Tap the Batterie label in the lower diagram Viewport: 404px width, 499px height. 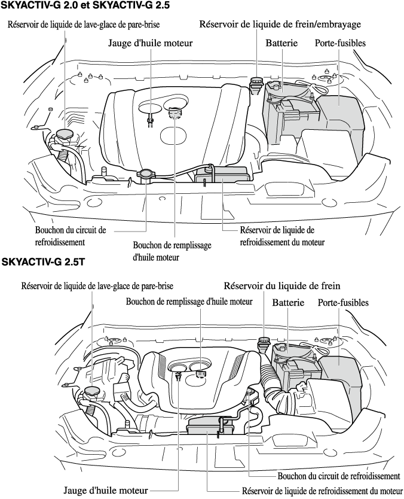(289, 303)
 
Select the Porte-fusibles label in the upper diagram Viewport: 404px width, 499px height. (340, 43)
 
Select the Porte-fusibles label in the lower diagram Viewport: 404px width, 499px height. (342, 303)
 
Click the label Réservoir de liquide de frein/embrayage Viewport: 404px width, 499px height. (280, 25)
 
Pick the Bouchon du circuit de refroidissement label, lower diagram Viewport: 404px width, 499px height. (339, 476)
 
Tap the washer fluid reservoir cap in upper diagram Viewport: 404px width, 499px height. (62, 133)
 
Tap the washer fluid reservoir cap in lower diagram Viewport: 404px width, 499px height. (91, 392)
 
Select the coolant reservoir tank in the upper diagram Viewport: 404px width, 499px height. (223, 176)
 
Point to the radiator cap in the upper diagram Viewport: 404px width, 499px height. (146, 175)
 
